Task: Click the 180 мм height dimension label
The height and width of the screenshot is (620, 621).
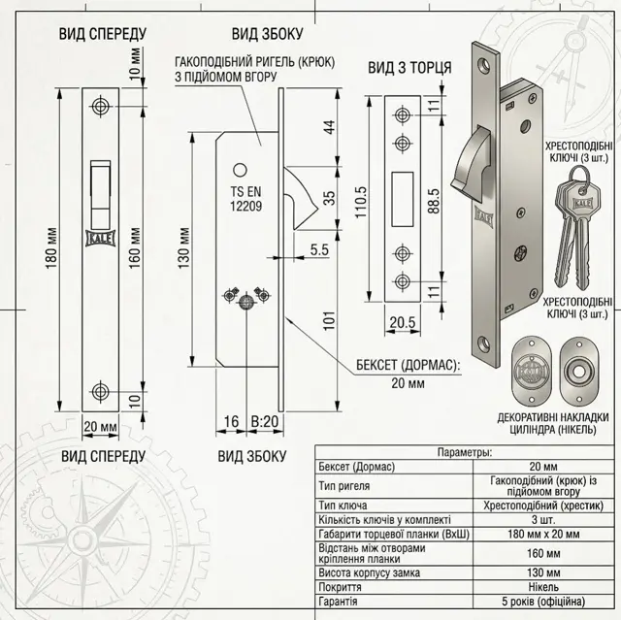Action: pyautogui.click(x=51, y=248)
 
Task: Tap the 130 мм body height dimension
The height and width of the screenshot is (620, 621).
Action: pyautogui.click(x=184, y=248)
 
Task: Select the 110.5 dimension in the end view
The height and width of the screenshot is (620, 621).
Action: pyautogui.click(x=361, y=202)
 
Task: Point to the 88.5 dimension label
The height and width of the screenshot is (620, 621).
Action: pyautogui.click(x=434, y=201)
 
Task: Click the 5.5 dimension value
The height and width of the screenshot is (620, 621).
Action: pyautogui.click(x=319, y=249)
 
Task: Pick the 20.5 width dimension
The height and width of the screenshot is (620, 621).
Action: pyautogui.click(x=403, y=322)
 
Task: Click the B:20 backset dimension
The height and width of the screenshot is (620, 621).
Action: pyautogui.click(x=265, y=421)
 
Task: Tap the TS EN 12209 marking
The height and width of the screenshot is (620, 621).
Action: pyautogui.click(x=245, y=199)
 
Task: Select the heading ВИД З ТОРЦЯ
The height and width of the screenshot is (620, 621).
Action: pyautogui.click(x=409, y=67)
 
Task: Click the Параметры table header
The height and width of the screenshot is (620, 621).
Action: pyautogui.click(x=465, y=452)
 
